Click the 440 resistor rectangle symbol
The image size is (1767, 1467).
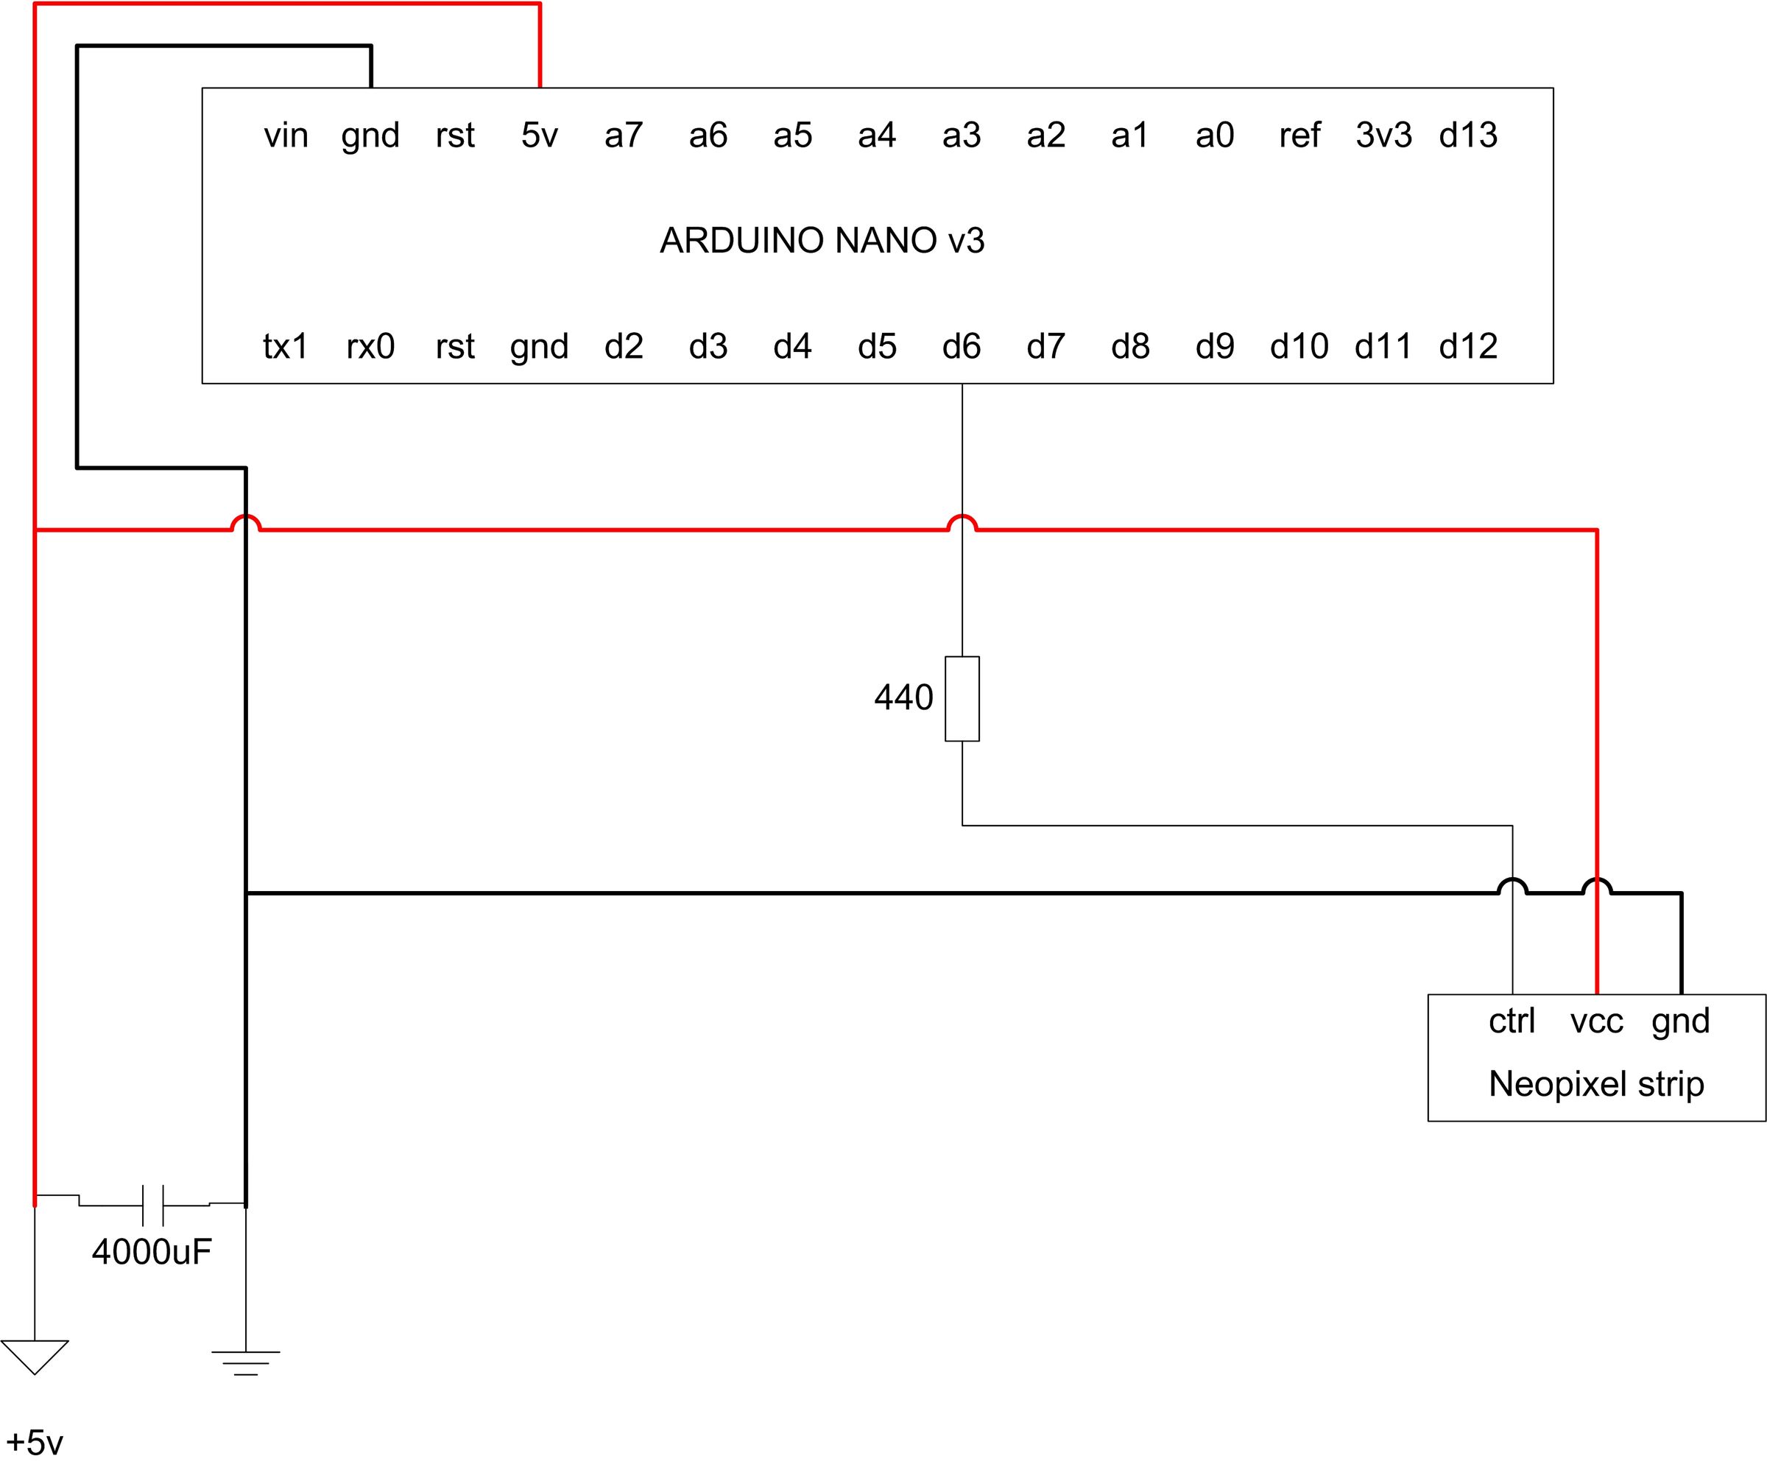[x=962, y=699]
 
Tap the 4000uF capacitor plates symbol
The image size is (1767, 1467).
[x=153, y=1206]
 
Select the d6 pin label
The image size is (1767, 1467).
[x=962, y=346]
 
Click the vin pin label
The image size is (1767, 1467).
[x=286, y=135]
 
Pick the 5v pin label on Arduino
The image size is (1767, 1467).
[x=540, y=135]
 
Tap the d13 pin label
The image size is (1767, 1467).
[x=1468, y=135]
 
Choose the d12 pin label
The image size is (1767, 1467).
[x=1468, y=346]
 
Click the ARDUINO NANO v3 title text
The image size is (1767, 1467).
[x=822, y=241]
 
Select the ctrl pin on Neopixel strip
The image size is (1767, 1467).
[x=1512, y=1021]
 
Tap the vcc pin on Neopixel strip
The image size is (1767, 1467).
[x=1596, y=1021]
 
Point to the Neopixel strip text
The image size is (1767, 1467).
[x=1596, y=1084]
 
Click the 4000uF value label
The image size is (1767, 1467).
[x=152, y=1251]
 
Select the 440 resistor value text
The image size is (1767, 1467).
[x=903, y=697]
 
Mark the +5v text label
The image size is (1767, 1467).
[x=35, y=1442]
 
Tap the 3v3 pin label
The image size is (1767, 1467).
[x=1383, y=135]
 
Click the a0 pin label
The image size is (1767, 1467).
[x=1214, y=135]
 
